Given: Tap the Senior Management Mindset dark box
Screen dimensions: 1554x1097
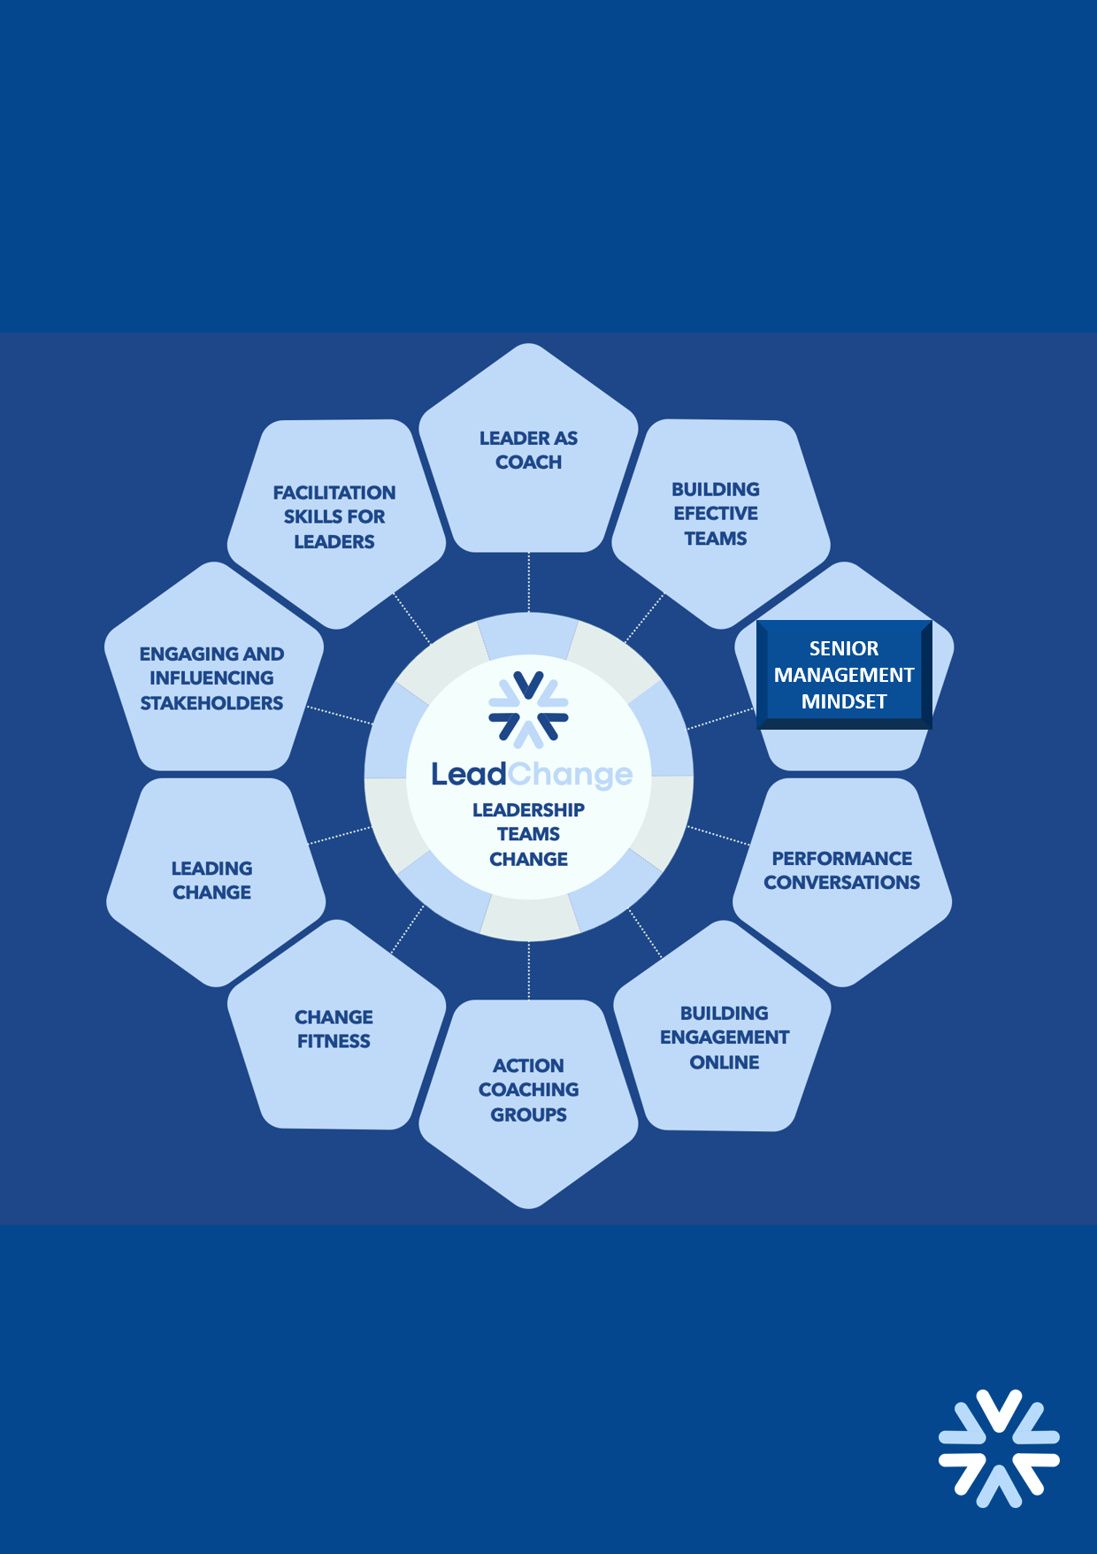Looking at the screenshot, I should [843, 675].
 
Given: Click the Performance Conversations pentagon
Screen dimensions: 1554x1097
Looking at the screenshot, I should [841, 876].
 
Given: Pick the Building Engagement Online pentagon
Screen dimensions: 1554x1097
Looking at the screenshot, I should [724, 1035].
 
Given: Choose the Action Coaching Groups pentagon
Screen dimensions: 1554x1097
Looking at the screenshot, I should [528, 1092].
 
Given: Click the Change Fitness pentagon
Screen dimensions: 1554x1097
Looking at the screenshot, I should [334, 1030].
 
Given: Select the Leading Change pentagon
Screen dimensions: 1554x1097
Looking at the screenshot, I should [212, 880].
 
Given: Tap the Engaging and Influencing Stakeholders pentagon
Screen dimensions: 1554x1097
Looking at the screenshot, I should [212, 679].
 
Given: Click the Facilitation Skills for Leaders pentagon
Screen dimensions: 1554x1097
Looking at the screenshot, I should [334, 517].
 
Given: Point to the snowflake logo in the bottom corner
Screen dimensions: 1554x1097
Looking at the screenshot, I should [999, 1448].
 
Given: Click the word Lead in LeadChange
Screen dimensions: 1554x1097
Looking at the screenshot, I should [468, 775].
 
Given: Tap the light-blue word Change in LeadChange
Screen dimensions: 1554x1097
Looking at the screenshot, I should [571, 776].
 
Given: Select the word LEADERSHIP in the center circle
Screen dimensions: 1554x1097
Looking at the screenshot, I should [528, 810].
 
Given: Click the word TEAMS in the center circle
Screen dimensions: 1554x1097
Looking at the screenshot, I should [528, 834].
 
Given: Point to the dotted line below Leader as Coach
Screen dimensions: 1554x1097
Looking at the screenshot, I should [529, 582].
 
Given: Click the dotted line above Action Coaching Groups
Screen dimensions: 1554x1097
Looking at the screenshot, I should [529, 970].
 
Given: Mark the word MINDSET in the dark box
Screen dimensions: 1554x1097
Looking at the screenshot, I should [844, 702].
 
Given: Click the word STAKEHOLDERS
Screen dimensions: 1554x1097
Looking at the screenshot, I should [212, 704].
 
